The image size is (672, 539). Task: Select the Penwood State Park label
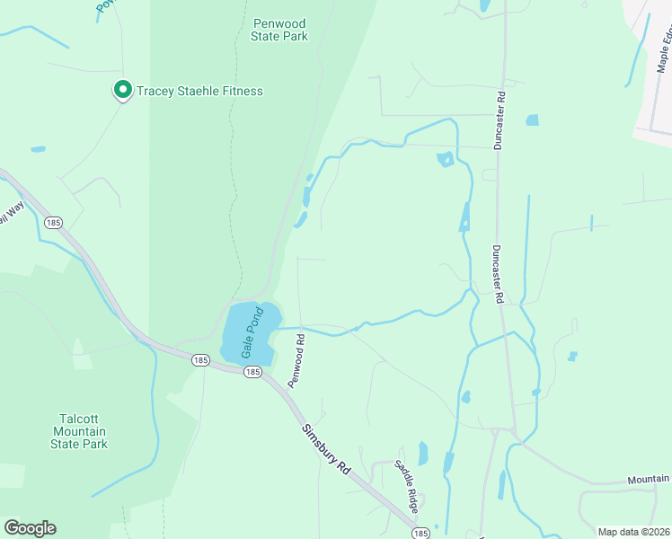click(x=280, y=30)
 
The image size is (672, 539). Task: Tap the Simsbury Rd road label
click(x=325, y=448)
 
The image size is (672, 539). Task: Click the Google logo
click(x=30, y=528)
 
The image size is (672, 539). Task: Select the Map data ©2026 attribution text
click(x=632, y=532)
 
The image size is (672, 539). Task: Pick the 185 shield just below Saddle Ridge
click(x=420, y=532)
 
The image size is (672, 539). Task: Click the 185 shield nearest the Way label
click(x=53, y=222)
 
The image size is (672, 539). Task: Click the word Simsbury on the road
click(x=318, y=441)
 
